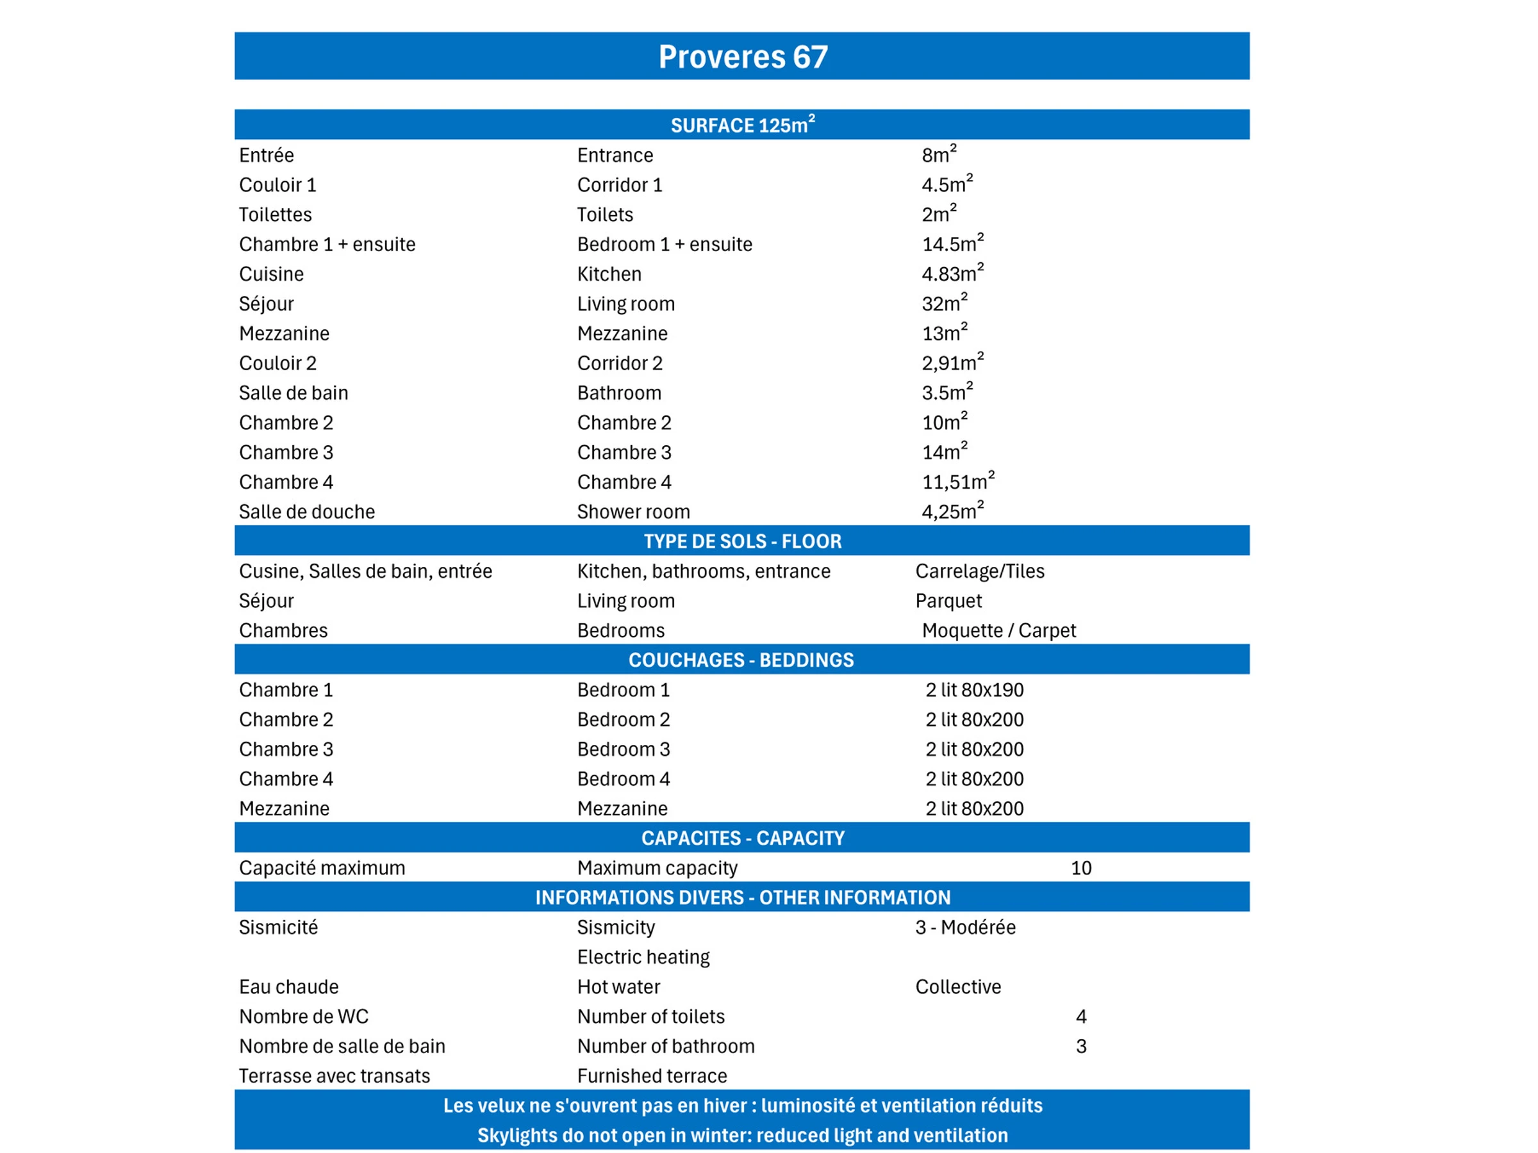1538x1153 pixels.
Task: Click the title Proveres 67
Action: [743, 56]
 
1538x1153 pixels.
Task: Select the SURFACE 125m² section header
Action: [743, 125]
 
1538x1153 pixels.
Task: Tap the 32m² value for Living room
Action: [944, 303]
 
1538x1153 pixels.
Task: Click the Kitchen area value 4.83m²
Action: [952, 273]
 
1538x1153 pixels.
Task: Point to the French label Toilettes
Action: [276, 215]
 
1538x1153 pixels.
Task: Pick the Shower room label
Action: [633, 512]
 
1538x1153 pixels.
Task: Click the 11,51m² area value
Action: [957, 482]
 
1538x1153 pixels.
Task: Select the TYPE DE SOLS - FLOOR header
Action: [743, 541]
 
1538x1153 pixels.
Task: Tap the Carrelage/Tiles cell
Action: [980, 571]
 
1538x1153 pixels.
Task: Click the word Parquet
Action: [948, 600]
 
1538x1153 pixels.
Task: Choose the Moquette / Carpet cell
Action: [998, 630]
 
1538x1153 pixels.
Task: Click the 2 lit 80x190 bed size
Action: [974, 689]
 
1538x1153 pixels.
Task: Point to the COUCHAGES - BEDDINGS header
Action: [741, 660]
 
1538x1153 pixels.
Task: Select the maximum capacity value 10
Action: [1081, 867]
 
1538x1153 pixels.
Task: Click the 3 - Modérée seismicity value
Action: [965, 927]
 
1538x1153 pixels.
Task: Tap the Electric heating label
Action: [643, 957]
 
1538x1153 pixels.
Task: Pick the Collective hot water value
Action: [958, 986]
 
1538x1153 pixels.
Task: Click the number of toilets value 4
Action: [1081, 1016]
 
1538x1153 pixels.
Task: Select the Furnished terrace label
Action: [652, 1076]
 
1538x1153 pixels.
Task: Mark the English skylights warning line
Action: [743, 1135]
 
